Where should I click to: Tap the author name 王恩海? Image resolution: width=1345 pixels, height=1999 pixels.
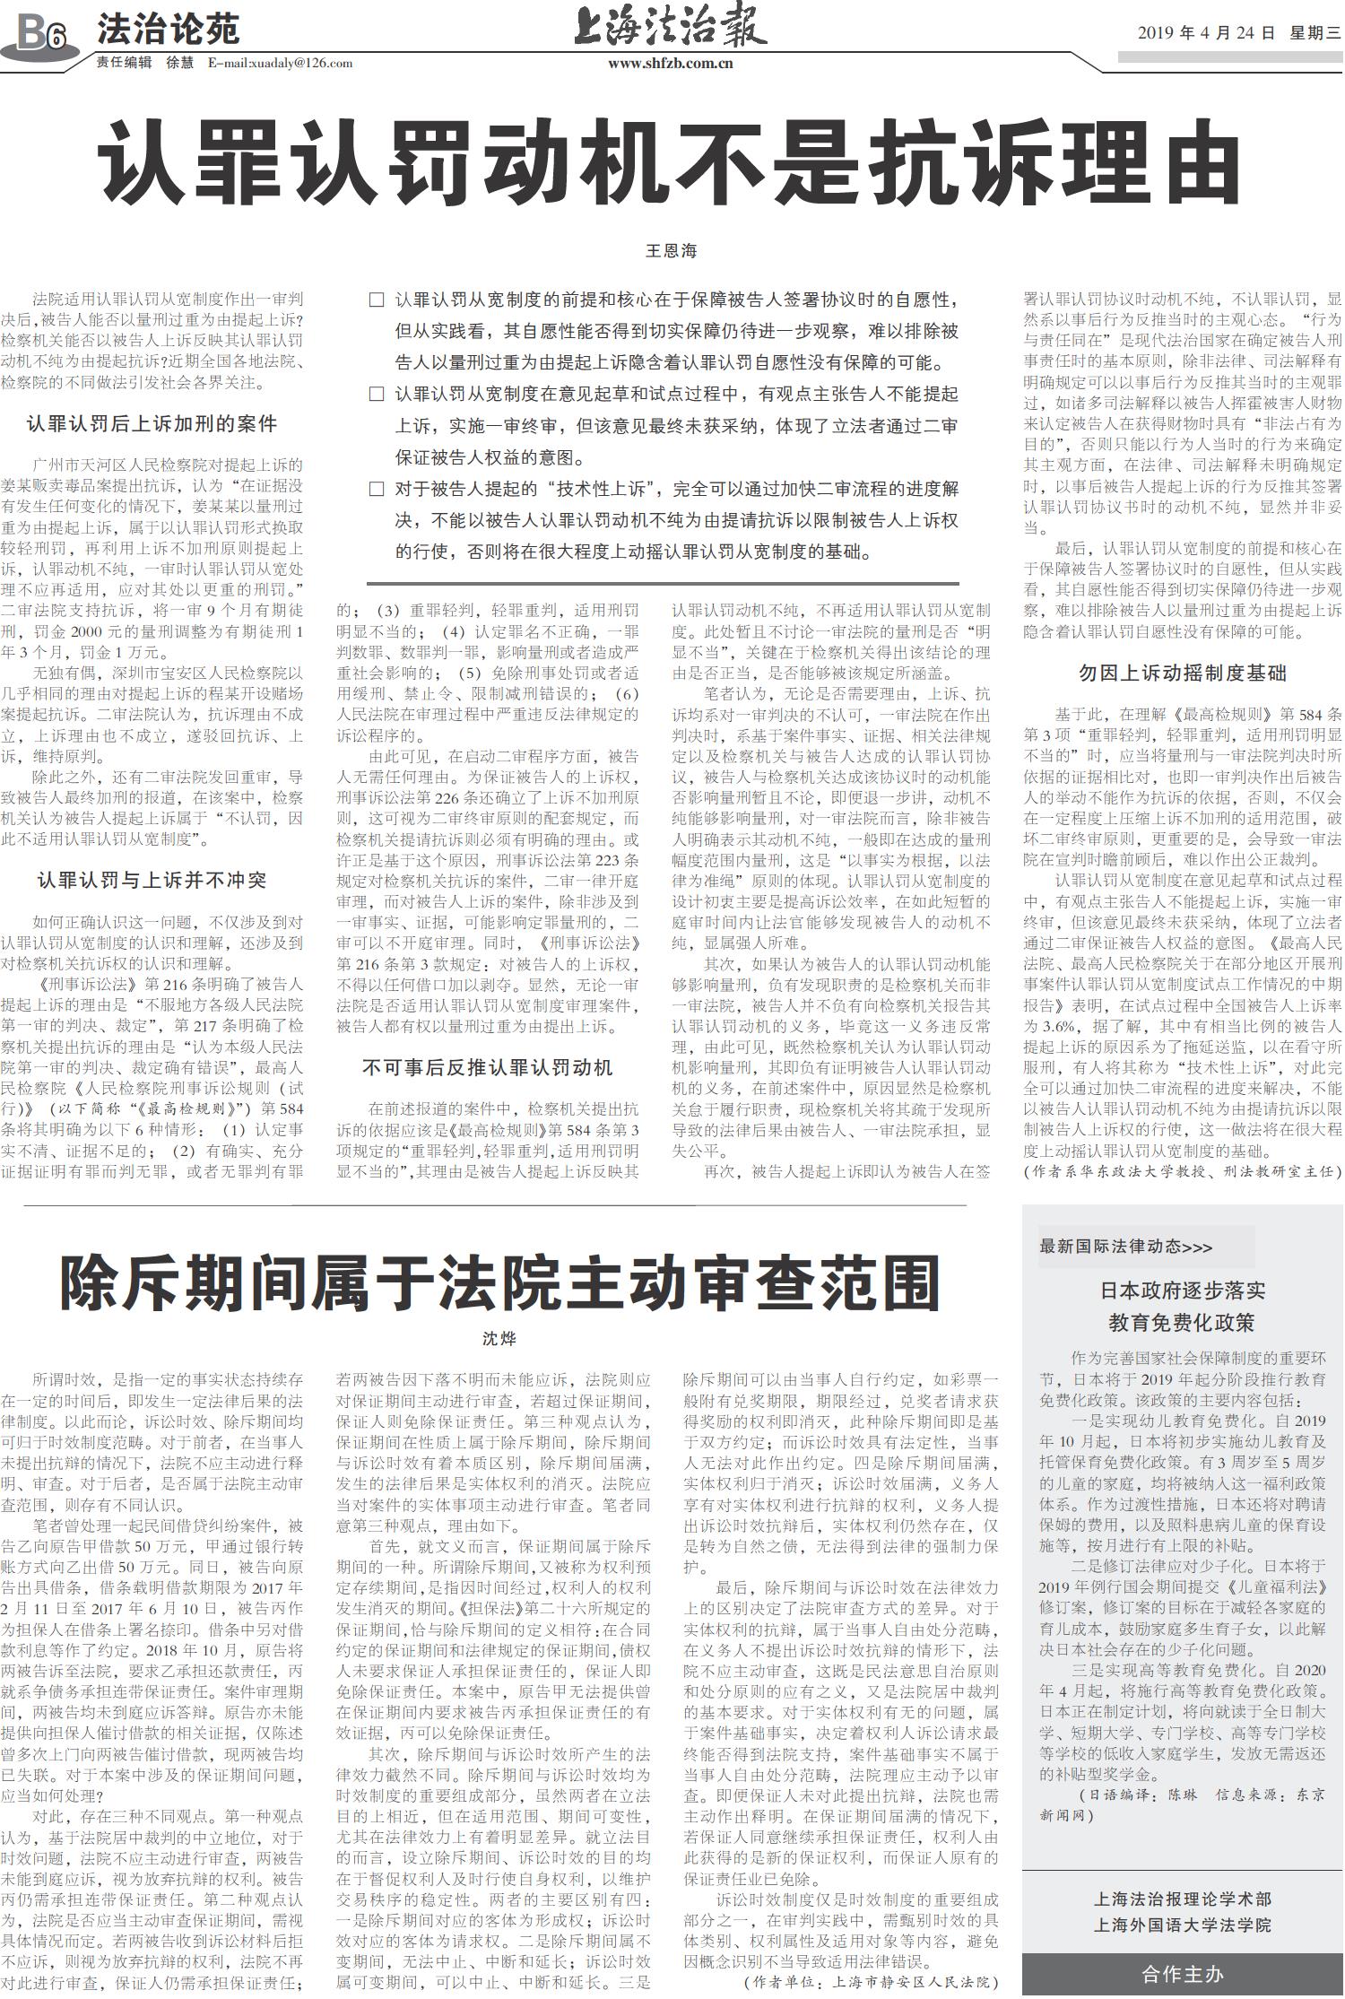point(671,251)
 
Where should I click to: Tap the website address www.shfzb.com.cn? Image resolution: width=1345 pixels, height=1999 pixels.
point(671,63)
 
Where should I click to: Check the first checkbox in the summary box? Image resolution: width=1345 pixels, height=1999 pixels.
point(377,300)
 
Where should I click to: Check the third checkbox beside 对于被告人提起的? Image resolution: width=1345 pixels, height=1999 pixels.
point(377,489)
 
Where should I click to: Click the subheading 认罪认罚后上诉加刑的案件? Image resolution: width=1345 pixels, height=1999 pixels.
point(152,423)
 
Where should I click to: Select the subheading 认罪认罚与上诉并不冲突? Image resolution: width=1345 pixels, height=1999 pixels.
point(152,880)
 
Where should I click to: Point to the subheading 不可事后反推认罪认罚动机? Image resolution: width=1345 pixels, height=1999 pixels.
point(487,1067)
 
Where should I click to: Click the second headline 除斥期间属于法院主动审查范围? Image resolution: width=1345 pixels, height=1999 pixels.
point(499,1283)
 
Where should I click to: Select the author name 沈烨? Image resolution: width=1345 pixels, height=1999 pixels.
point(499,1339)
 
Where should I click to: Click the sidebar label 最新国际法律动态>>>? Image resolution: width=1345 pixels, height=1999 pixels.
point(1126,1247)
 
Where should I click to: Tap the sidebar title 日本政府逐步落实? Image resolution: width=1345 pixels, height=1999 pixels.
point(1182,1291)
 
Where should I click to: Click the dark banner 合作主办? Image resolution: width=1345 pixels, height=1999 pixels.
point(1182,1974)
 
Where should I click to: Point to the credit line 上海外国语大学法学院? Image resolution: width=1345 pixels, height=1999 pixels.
point(1182,1925)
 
